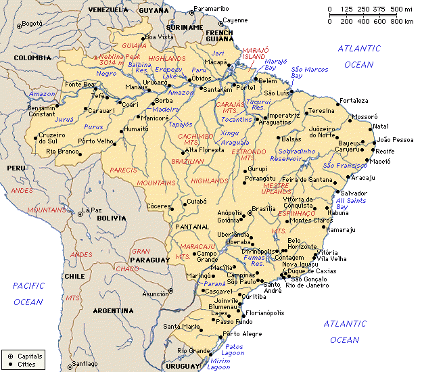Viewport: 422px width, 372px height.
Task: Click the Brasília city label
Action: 264,208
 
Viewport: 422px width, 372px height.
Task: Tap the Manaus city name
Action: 136,87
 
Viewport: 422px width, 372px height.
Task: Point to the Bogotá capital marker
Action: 20,24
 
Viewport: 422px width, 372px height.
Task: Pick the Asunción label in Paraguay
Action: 155,294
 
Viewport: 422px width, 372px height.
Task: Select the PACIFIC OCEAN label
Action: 28,294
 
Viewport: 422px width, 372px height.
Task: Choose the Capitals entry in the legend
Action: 30,355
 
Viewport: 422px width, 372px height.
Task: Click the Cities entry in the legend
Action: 26,365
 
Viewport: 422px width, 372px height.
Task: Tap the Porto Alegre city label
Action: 242,333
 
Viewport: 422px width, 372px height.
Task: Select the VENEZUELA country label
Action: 108,10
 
